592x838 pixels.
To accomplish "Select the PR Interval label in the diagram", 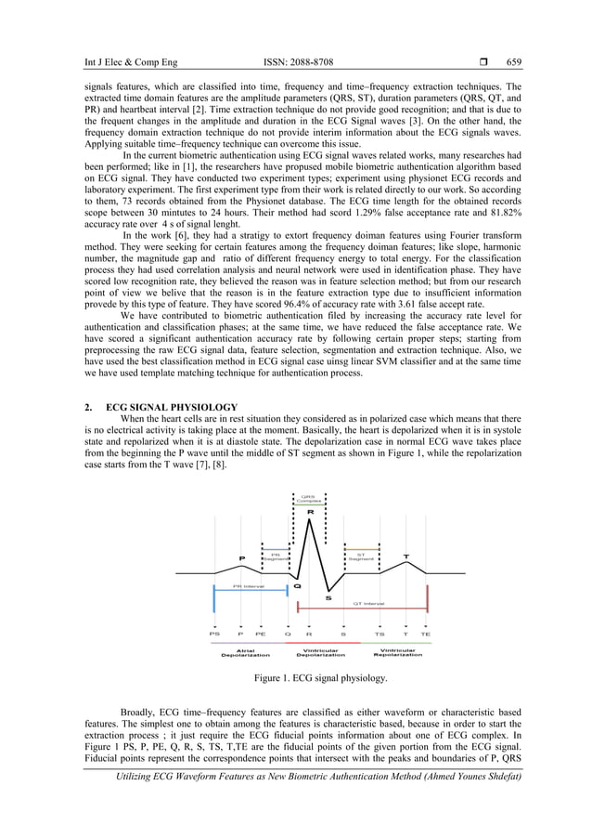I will click(x=249, y=586).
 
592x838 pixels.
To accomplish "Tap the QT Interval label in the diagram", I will click(x=369, y=603).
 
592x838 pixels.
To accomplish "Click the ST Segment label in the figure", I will click(x=362, y=556).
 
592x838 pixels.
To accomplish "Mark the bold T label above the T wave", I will click(x=405, y=556).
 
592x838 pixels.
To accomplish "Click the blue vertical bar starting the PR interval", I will click(x=215, y=599).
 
